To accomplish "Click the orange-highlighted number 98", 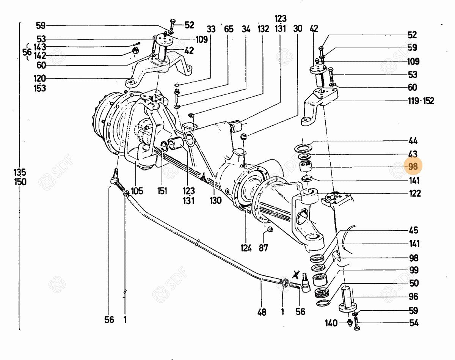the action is (x=413, y=167).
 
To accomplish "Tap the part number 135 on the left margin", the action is (x=20, y=172).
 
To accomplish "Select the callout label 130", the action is (x=216, y=200).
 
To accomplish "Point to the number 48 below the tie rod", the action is (x=262, y=312).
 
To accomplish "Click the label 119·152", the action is (x=421, y=101).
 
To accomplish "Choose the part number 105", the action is (x=137, y=191).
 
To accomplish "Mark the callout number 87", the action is (x=263, y=248).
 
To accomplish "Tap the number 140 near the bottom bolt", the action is (x=331, y=323).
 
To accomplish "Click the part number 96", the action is (x=414, y=297).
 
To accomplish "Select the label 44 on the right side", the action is (x=413, y=141).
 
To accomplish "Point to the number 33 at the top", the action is (x=211, y=29).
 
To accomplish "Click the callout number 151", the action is (x=162, y=191).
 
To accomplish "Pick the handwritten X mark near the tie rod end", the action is (x=296, y=275).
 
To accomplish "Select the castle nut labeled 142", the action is (x=135, y=51).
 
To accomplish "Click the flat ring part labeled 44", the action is (x=303, y=147).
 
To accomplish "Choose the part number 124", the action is (x=246, y=248).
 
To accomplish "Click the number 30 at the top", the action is (x=298, y=28).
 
